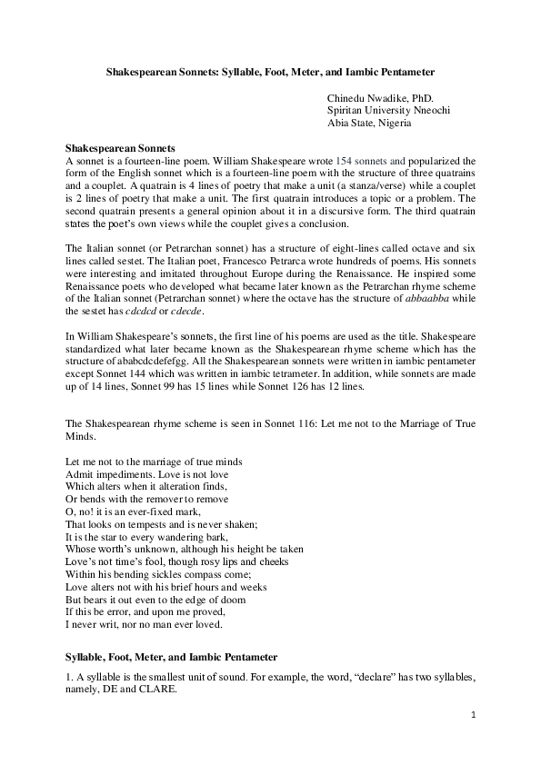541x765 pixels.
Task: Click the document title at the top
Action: (x=270, y=69)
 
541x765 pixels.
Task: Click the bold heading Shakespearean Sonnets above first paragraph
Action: (x=121, y=147)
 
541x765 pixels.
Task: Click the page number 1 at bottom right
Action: (x=474, y=714)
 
